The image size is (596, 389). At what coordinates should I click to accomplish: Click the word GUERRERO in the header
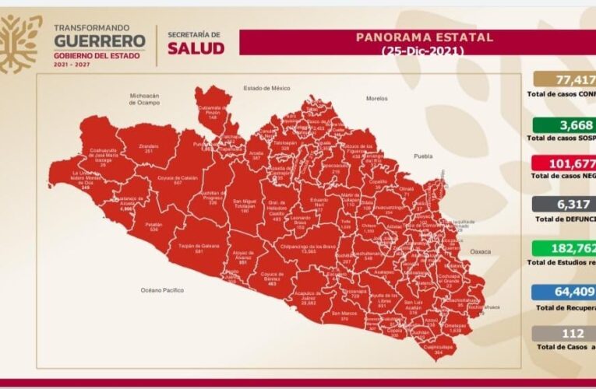click(x=99, y=41)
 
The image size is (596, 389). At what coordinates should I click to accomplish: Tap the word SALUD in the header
click(x=196, y=48)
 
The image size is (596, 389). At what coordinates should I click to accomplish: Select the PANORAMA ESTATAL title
click(x=424, y=37)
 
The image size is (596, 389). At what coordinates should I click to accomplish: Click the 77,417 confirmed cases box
click(x=564, y=79)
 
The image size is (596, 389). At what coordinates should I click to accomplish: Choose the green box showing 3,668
click(x=564, y=125)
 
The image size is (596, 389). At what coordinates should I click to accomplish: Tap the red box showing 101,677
click(x=564, y=164)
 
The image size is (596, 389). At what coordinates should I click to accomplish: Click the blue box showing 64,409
click(x=564, y=293)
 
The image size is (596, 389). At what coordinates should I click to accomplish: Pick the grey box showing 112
click(x=564, y=334)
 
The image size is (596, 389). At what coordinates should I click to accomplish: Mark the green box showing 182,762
click(x=564, y=250)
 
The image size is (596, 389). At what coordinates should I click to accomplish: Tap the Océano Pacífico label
click(x=162, y=289)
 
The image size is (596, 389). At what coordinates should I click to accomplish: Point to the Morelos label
click(x=376, y=99)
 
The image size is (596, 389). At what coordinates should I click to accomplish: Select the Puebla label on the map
click(x=423, y=156)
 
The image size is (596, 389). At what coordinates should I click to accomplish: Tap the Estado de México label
click(x=266, y=88)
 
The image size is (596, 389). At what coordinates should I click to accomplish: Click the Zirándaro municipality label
click(x=148, y=147)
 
